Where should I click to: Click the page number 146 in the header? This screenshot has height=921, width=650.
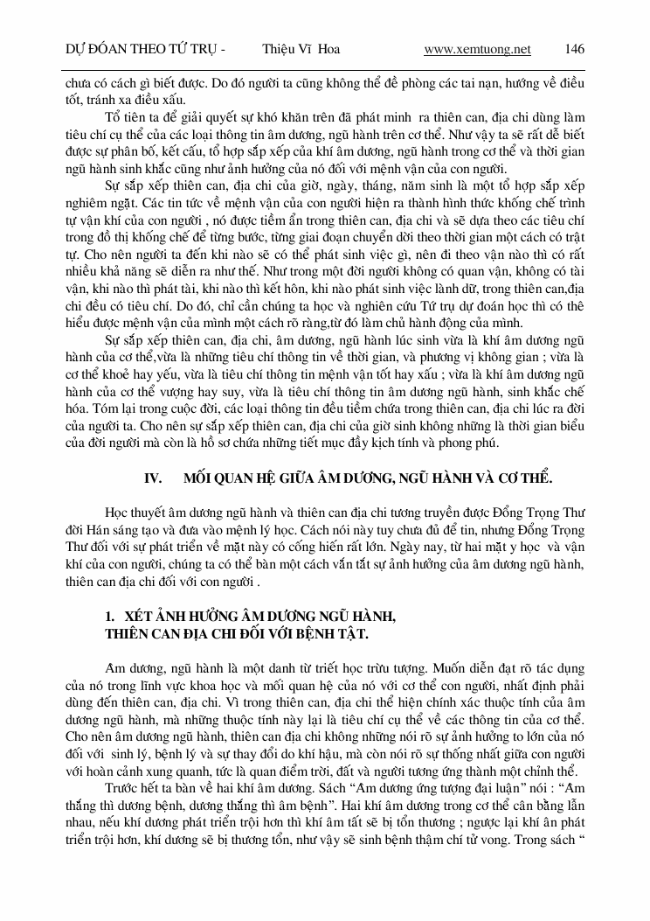[x=575, y=49]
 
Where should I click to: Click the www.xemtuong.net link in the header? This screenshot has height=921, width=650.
[x=477, y=49]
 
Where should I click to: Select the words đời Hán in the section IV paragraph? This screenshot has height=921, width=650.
[x=85, y=527]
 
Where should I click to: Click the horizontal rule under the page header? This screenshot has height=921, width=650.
[x=325, y=68]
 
